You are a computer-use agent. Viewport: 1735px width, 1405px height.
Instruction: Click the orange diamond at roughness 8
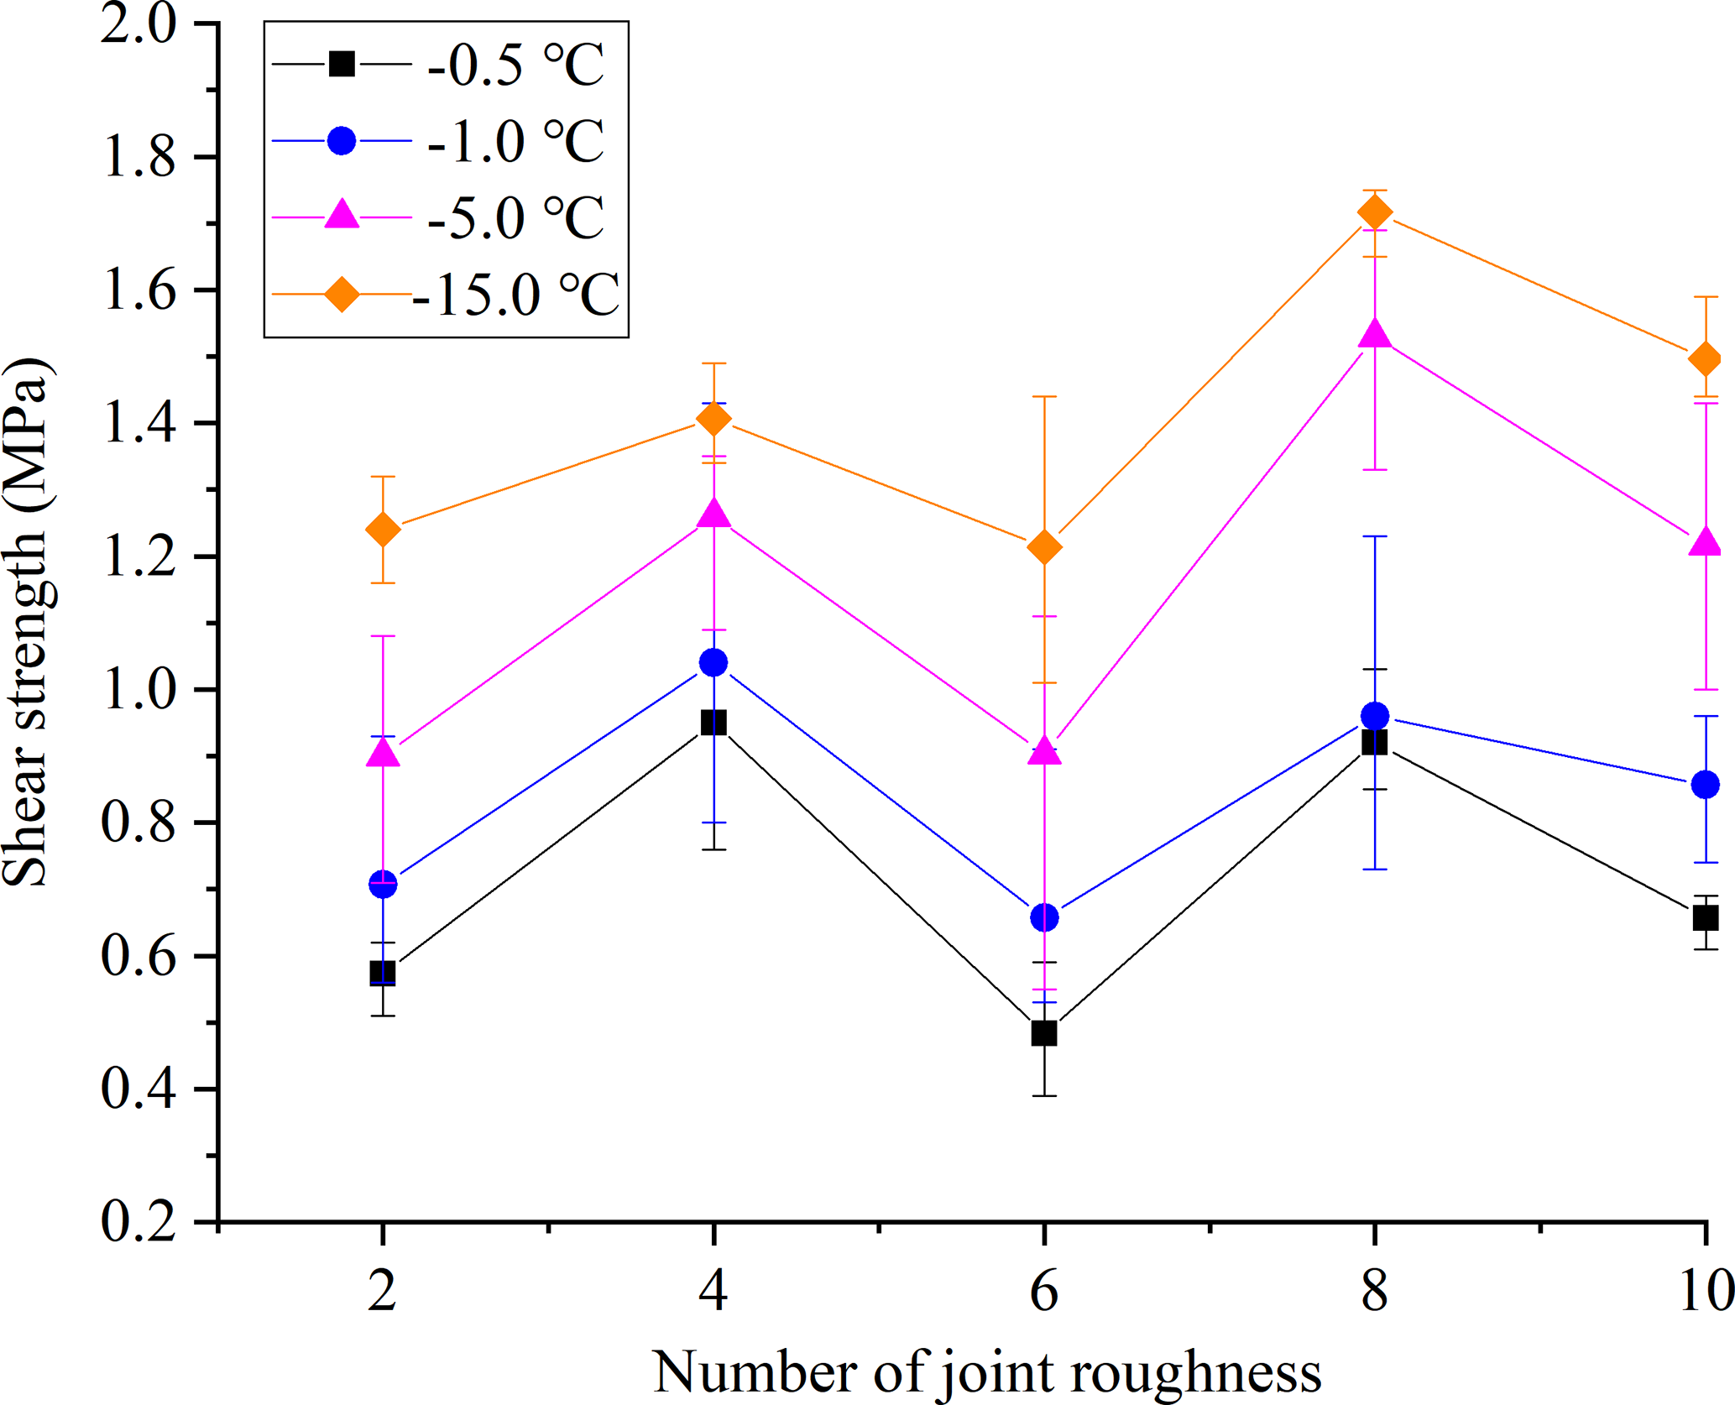[1374, 213]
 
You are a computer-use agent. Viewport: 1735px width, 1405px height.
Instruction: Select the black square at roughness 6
[1043, 1032]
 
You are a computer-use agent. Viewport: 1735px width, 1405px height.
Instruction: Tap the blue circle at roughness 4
[713, 663]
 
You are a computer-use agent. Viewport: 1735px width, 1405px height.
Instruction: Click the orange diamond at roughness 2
[383, 530]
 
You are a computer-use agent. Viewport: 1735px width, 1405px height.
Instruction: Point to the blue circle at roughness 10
[1705, 785]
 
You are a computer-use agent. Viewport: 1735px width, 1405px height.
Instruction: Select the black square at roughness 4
[713, 723]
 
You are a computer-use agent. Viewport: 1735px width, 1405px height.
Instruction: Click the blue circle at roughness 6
[1043, 917]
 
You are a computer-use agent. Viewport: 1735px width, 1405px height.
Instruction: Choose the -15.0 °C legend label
[515, 295]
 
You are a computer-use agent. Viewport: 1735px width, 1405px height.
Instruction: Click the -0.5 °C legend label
[515, 65]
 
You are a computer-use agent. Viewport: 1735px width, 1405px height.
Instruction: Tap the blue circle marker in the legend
[342, 140]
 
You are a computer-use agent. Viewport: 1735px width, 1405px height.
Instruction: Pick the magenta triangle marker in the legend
[342, 215]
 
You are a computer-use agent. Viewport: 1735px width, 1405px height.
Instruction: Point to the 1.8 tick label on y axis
[138, 158]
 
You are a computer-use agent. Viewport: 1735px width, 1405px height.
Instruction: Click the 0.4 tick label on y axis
[138, 1089]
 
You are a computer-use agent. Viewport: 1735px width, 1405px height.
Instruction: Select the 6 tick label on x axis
[1043, 1291]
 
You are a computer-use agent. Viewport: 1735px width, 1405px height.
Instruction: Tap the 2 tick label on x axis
[383, 1291]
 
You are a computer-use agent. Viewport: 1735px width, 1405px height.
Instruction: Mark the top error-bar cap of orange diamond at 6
[1043, 396]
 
